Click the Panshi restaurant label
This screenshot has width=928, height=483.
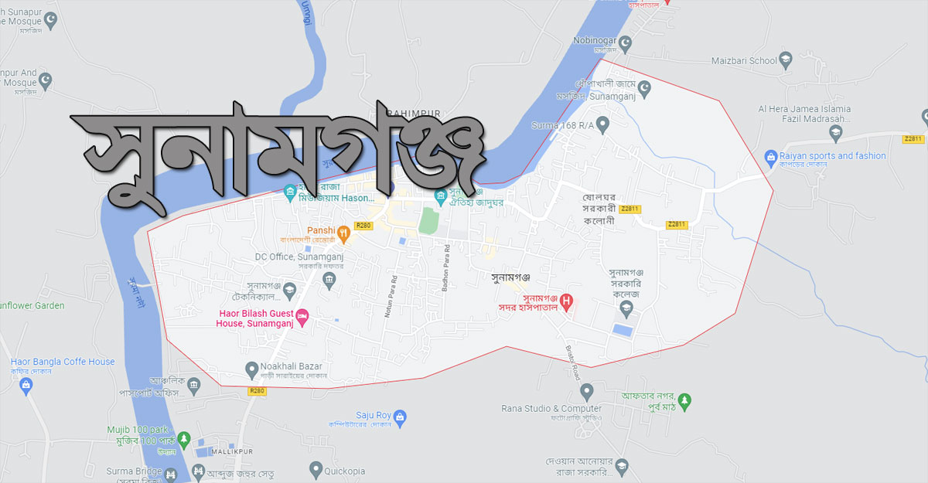tap(320, 230)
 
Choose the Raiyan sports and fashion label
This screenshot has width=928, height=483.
tap(834, 155)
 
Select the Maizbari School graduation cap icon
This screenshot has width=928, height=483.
tap(786, 59)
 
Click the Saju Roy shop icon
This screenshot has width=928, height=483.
tap(400, 418)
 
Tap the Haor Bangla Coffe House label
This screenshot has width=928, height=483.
tap(63, 362)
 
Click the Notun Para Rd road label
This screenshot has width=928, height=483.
tap(394, 285)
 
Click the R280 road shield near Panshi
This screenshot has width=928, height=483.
tap(363, 226)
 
